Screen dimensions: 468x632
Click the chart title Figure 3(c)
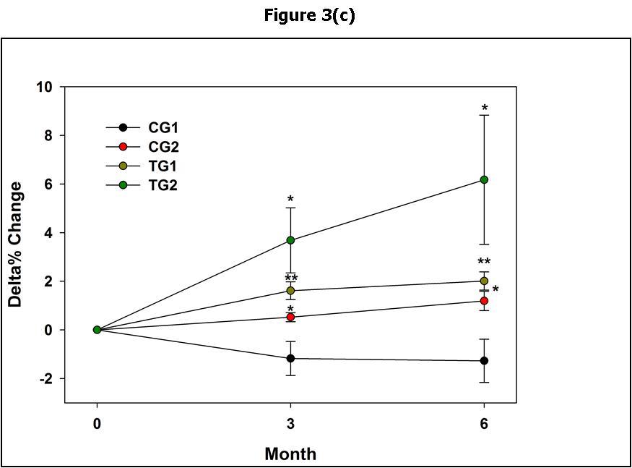tap(309, 15)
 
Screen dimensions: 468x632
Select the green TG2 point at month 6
tap(484, 179)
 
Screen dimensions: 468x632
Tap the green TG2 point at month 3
tap(290, 240)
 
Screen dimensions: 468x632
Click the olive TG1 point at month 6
tap(484, 281)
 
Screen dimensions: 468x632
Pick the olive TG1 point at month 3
tap(290, 291)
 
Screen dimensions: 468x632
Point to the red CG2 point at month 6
tap(484, 301)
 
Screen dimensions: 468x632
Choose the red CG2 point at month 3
tap(290, 317)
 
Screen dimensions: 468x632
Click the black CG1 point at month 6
tap(484, 361)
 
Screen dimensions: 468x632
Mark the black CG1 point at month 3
tap(290, 358)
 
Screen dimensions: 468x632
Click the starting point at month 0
tap(97, 330)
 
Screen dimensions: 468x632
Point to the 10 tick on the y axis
tap(45, 88)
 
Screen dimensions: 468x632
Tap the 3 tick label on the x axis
tap(290, 424)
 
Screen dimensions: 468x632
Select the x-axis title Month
tap(290, 454)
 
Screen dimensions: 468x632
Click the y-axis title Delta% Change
tap(15, 244)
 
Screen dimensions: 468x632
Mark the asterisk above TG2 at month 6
tap(485, 109)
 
